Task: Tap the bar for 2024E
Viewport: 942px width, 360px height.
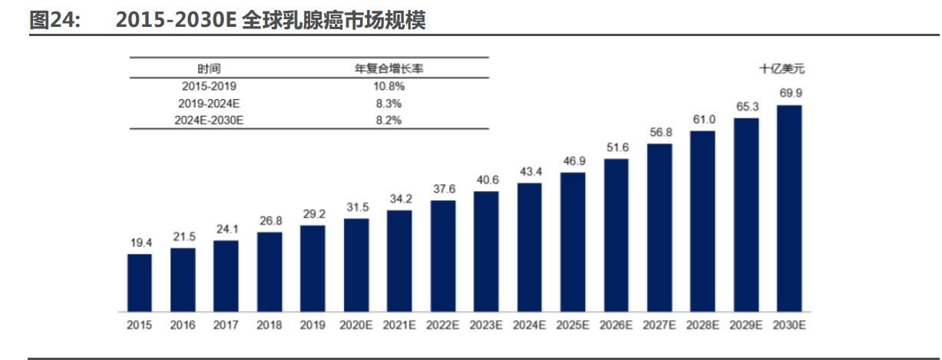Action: click(529, 247)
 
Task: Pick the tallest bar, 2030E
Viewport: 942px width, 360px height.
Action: click(789, 208)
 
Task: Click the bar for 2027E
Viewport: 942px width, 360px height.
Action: click(659, 227)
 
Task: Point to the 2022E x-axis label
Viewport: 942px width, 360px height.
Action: click(443, 325)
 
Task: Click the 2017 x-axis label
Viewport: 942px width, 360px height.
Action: click(226, 325)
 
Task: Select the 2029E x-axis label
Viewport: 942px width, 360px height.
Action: click(746, 325)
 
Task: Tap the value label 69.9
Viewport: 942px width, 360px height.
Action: click(790, 94)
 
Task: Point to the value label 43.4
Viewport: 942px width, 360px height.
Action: click(529, 171)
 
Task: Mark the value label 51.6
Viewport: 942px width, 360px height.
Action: click(616, 147)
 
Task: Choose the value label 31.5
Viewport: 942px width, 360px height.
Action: click(356, 207)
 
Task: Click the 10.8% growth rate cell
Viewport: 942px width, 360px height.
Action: click(388, 86)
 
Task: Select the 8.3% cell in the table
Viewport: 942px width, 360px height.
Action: click(388, 103)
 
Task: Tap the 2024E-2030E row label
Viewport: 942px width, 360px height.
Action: click(207, 120)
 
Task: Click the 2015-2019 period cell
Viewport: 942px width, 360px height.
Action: click(207, 86)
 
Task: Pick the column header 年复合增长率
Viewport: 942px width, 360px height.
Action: click(388, 68)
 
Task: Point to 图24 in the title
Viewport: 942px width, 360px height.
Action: click(54, 20)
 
